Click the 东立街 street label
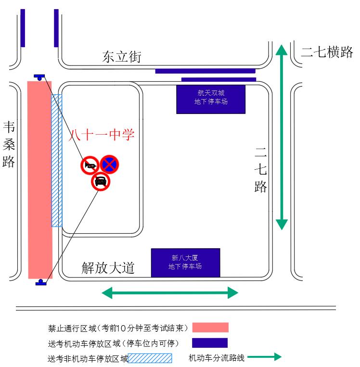[x=122, y=57]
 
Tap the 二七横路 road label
[x=327, y=52]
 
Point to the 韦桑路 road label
[x=9, y=144]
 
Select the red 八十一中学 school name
[x=101, y=135]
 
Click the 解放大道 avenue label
[x=108, y=268]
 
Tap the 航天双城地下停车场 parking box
[x=211, y=99]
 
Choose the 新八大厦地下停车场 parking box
[x=185, y=263]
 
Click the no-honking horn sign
[x=90, y=165]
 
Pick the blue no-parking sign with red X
[x=109, y=165]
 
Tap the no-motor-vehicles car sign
[x=101, y=181]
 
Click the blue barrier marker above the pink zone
[x=39, y=77]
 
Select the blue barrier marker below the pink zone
[x=41, y=282]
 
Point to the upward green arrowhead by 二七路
[x=282, y=50]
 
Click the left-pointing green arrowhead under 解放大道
[x=107, y=293]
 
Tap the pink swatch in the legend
[x=210, y=328]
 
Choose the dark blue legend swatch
[x=210, y=343]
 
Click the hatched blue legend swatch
[x=150, y=358]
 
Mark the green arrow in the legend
[x=264, y=357]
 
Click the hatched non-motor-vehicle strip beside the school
[x=57, y=161]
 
